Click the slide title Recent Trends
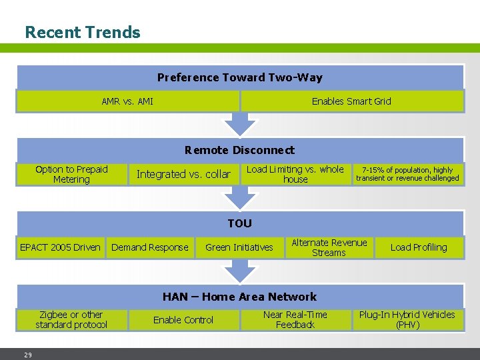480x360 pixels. (x=83, y=32)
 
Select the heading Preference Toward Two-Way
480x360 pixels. (x=239, y=77)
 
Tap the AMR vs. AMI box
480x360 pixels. (x=127, y=101)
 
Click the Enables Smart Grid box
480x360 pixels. (x=351, y=101)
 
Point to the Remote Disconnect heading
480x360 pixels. (x=239, y=150)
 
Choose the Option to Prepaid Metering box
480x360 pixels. (x=71, y=174)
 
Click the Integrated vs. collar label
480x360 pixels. (x=183, y=174)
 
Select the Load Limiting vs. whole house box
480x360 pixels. (x=295, y=174)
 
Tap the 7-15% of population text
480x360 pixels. (x=407, y=174)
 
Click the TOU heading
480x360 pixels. (x=239, y=223)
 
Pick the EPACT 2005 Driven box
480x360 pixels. (x=60, y=247)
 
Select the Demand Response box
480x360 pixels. (x=150, y=247)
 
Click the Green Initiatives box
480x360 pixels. (x=239, y=247)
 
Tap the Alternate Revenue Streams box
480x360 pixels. (x=329, y=247)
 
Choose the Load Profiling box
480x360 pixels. (x=419, y=247)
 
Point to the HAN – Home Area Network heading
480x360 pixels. (x=239, y=297)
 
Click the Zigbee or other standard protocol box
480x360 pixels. (x=71, y=319)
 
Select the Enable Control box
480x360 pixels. (x=183, y=320)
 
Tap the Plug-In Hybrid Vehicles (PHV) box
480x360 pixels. (x=407, y=319)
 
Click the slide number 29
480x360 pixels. (x=28, y=355)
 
